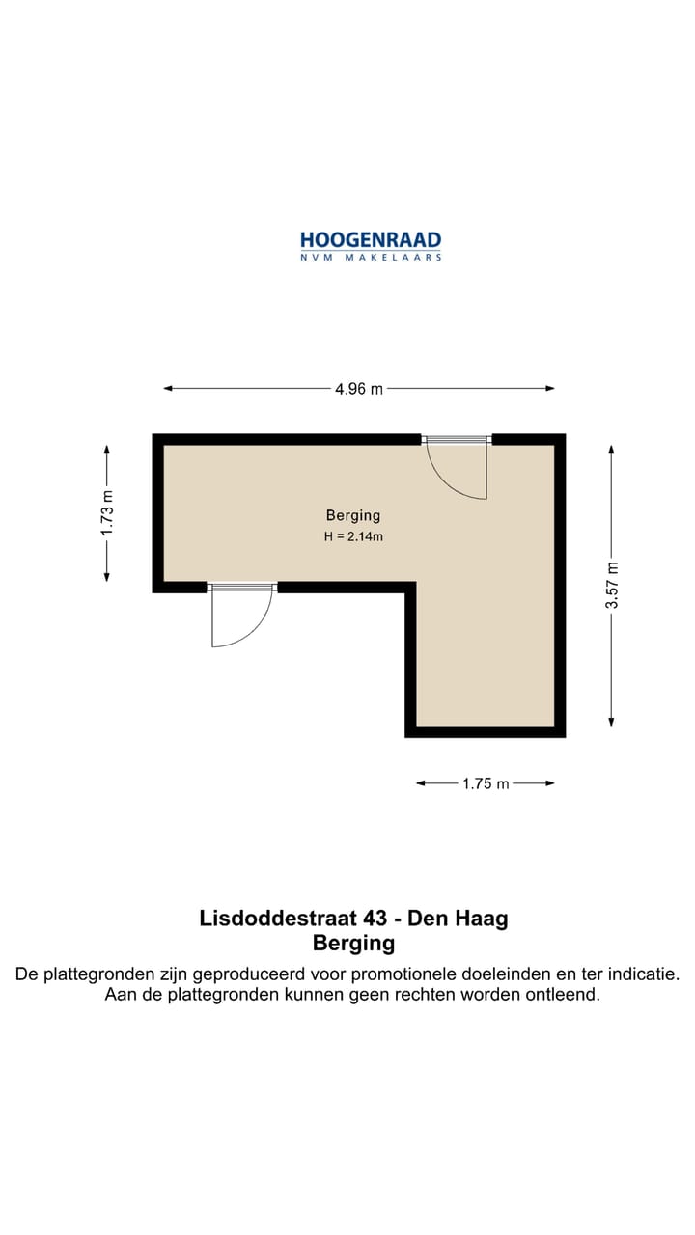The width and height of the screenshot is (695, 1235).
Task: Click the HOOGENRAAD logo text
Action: tap(371, 240)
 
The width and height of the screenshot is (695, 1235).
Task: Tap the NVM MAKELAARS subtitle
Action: tap(371, 258)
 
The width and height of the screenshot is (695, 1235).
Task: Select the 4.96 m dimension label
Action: tap(359, 389)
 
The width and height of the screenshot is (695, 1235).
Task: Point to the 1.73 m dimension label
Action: tap(107, 513)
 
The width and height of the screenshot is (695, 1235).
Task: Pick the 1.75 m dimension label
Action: tap(486, 783)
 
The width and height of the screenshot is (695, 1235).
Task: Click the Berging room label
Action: tap(353, 516)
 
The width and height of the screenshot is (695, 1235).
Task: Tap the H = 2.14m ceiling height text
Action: tap(353, 537)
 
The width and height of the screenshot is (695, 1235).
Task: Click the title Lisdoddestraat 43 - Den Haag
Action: tap(353, 918)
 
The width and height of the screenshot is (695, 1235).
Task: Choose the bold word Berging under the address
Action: tap(353, 943)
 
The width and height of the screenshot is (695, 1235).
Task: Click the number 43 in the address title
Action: tap(358, 918)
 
